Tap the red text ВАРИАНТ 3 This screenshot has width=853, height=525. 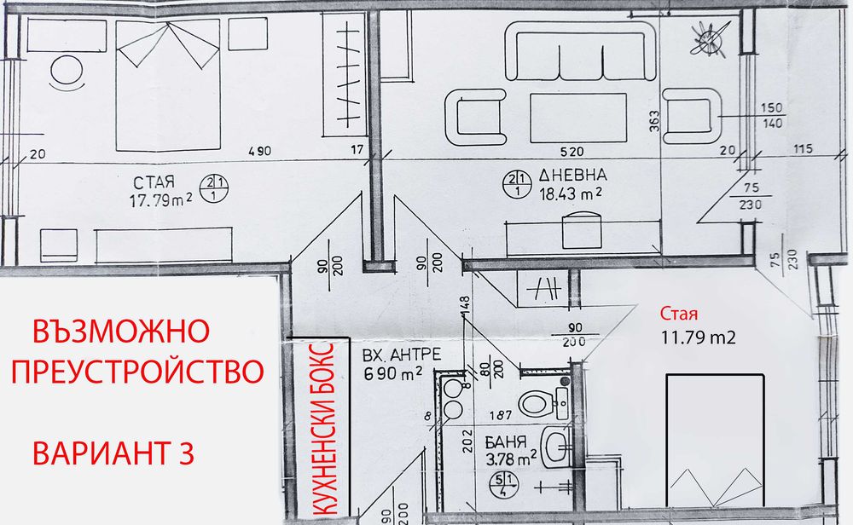112,453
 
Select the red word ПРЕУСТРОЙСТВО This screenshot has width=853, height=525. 137,372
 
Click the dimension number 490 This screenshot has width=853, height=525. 259,152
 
